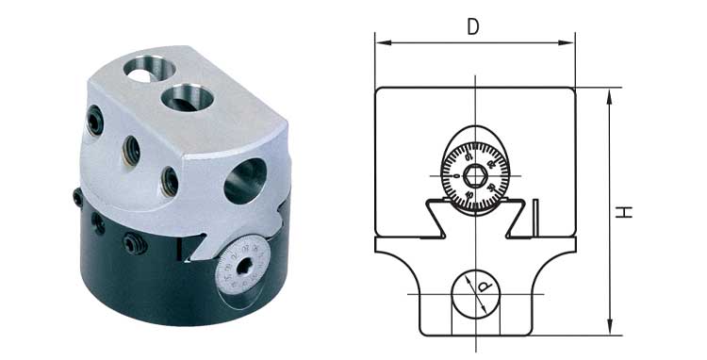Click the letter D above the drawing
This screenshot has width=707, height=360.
(x=474, y=26)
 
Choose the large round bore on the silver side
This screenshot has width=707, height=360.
(x=244, y=180)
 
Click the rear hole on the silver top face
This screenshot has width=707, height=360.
(x=142, y=72)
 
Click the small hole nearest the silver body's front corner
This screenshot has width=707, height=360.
(x=170, y=181)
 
